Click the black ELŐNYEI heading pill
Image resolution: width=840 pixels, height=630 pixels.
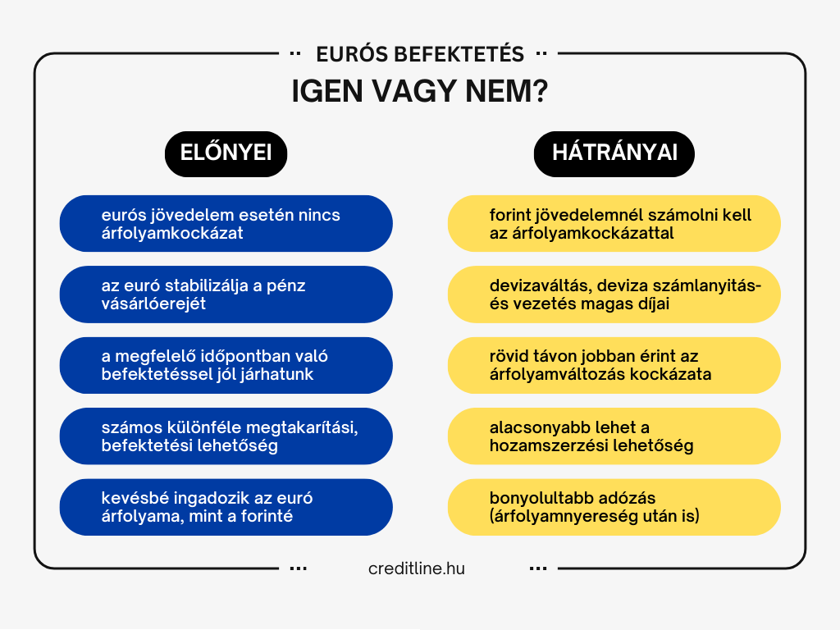click(226, 153)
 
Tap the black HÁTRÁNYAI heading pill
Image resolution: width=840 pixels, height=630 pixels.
click(614, 153)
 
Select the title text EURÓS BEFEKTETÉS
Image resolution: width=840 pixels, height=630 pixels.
click(419, 55)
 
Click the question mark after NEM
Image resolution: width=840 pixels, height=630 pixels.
click(540, 92)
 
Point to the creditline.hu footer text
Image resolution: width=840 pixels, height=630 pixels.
click(417, 568)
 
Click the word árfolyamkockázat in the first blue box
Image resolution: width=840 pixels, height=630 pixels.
click(172, 233)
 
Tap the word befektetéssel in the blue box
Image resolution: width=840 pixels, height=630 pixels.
click(152, 375)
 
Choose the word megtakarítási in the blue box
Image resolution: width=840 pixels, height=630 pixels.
click(290, 428)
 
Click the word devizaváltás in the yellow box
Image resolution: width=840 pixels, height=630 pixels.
click(539, 286)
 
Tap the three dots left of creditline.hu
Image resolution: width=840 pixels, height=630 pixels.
click(299, 568)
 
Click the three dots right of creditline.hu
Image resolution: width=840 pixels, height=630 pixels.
click(538, 568)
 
